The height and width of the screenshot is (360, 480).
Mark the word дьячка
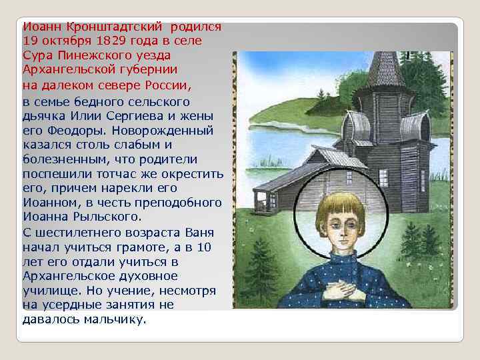(x=42, y=115)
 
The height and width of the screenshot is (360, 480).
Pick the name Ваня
(x=185, y=233)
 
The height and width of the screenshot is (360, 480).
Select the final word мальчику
(x=115, y=319)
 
